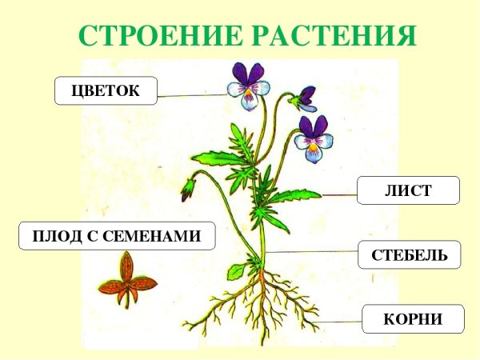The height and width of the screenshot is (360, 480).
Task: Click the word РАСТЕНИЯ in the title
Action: [336, 35]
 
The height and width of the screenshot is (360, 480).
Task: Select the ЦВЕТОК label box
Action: [106, 90]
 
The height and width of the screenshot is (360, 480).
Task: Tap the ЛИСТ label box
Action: [408, 190]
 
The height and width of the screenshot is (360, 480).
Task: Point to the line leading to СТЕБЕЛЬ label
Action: [312, 251]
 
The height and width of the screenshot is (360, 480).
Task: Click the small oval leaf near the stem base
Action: [237, 271]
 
